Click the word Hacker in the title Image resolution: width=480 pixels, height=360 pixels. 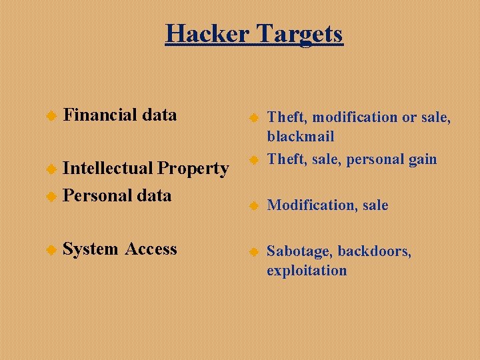pos(206,33)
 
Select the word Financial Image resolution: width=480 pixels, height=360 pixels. pos(100,115)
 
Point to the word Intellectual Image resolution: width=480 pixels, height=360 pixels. pos(108,168)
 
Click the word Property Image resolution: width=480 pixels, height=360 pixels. pos(193,169)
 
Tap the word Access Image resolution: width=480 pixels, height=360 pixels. pos(151,249)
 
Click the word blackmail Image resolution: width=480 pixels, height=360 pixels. pos(301,136)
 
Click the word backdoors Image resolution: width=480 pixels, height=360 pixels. pos(375,251)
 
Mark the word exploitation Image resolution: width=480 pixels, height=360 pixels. pos(307,270)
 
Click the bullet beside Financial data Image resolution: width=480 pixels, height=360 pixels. pos(50,116)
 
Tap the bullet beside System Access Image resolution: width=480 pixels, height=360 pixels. pos(50,250)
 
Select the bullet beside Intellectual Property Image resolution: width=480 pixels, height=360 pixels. pos(50,169)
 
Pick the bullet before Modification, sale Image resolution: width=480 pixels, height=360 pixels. pos(253,206)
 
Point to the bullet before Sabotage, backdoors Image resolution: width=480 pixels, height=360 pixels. pos(253,253)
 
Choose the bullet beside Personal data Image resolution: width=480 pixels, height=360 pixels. pos(50,197)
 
